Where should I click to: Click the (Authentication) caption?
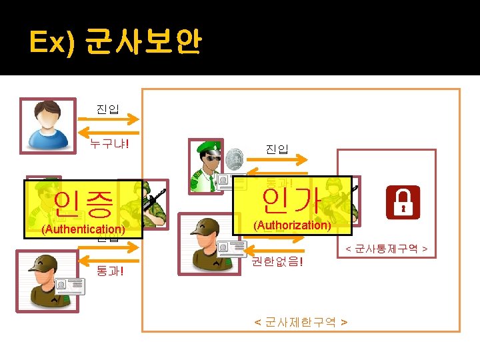click(x=83, y=229)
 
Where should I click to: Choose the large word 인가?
click(x=292, y=198)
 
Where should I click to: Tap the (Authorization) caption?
click(x=292, y=225)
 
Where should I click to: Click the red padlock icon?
click(x=403, y=202)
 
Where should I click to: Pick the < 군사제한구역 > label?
click(x=301, y=322)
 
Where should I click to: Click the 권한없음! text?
click(x=276, y=261)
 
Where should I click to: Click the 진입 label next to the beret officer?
click(x=276, y=149)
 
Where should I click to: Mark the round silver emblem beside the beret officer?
click(x=233, y=161)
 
